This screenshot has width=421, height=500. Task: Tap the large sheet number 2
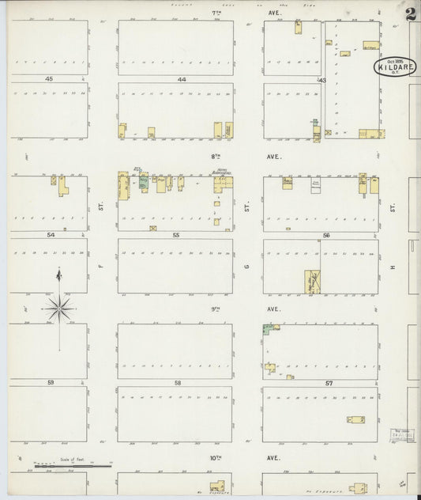pos(411,13)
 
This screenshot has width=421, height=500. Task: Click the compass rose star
pos(60,307)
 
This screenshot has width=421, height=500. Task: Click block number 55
pos(176,235)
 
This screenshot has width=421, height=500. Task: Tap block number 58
pos(177,383)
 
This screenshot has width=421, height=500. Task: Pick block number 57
pos(328,383)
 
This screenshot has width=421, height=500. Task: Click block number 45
pos(48,79)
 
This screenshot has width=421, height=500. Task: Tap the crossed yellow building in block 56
pos(312,282)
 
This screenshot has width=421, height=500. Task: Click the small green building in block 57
pos(268,328)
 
